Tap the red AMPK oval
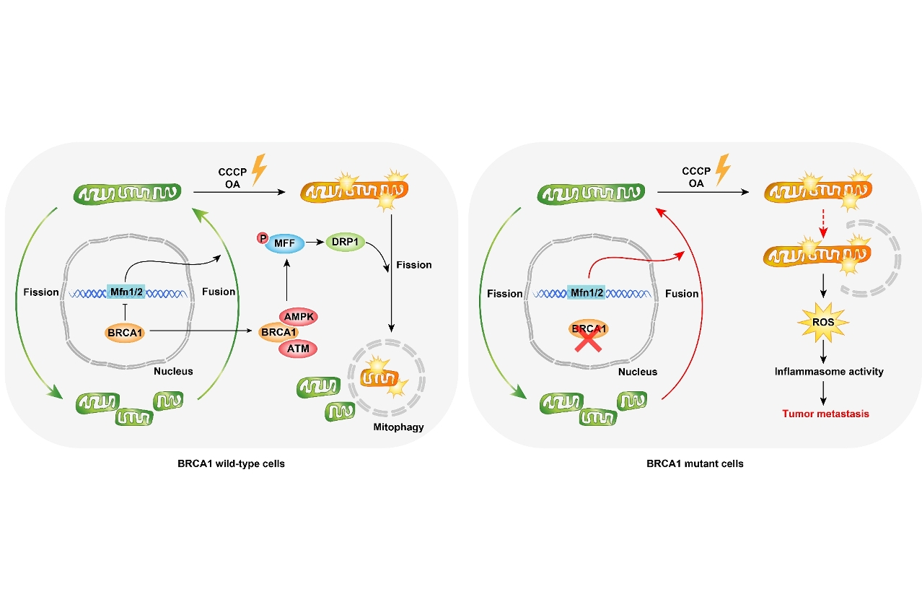click(298, 316)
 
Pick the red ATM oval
click(298, 348)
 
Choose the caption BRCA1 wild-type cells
click(231, 463)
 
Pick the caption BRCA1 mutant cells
click(695, 463)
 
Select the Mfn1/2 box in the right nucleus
click(586, 293)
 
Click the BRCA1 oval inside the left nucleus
click(125, 333)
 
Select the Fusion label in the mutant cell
click(682, 294)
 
